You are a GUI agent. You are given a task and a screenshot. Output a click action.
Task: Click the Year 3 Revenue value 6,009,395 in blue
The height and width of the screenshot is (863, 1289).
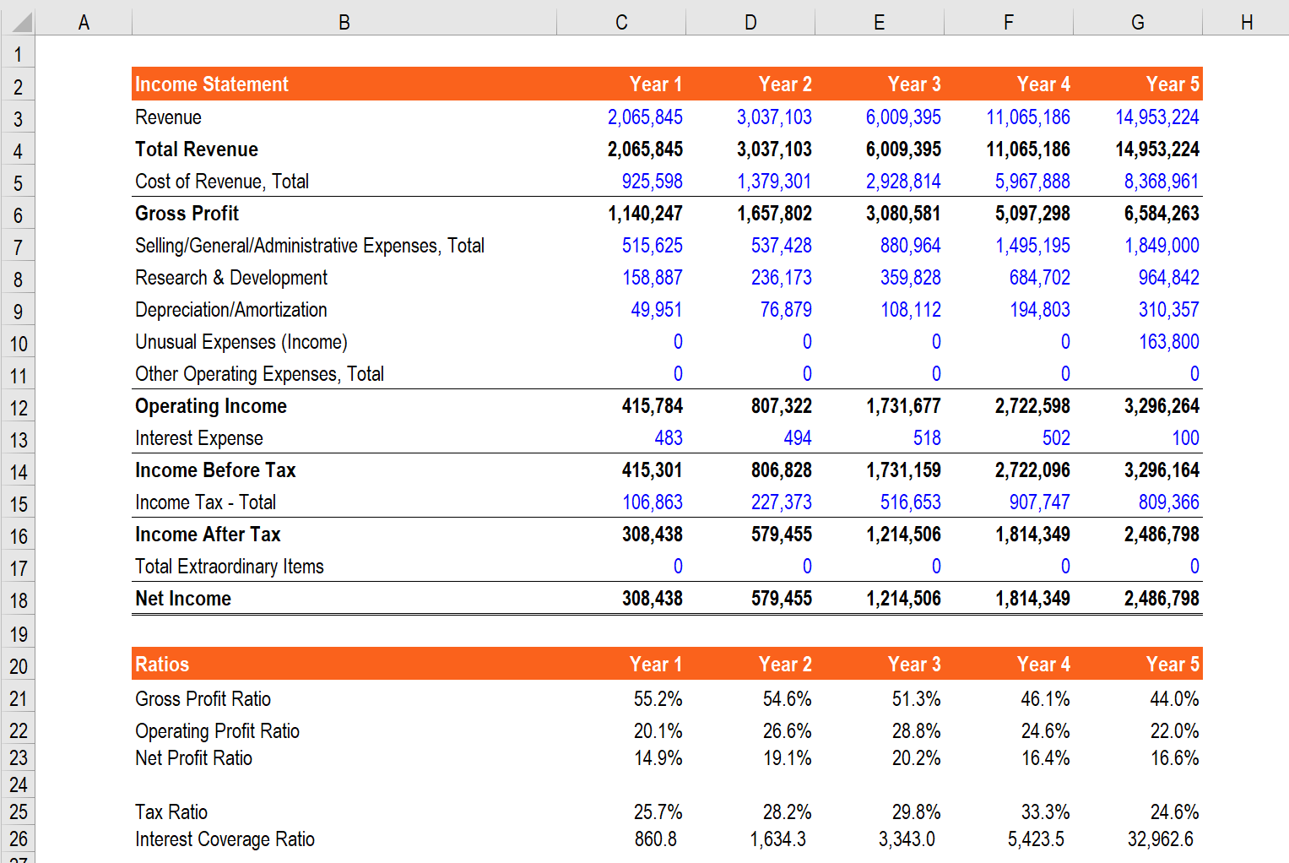coord(902,117)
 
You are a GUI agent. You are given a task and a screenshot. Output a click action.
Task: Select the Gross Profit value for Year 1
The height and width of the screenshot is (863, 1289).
coord(645,214)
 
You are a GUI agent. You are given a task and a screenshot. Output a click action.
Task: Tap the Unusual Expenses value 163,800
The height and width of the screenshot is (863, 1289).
coord(1168,342)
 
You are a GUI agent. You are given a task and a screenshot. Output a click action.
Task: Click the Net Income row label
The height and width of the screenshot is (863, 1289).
coord(183,599)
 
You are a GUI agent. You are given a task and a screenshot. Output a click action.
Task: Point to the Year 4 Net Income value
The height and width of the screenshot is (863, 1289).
coord(1032,599)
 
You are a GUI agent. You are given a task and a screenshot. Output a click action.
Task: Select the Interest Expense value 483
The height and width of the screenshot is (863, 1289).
coord(668,438)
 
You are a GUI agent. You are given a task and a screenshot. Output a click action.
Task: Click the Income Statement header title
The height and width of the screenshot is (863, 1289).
coord(212,84)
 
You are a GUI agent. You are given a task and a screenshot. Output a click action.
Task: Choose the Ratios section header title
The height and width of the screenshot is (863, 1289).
coord(162,665)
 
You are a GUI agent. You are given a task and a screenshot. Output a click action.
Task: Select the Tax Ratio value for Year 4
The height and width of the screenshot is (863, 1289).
coord(1045,812)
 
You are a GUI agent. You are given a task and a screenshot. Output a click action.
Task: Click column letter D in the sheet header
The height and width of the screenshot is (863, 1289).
coord(750,23)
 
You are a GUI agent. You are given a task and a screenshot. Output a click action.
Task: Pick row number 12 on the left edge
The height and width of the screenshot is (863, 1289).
coord(19,408)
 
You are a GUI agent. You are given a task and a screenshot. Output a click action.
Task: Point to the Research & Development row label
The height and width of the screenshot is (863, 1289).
coord(231,278)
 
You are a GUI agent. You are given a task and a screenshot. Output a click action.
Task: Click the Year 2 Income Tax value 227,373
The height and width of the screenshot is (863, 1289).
coord(781,502)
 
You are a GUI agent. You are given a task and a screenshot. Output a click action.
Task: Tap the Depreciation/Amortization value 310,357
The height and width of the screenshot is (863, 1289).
coord(1168,310)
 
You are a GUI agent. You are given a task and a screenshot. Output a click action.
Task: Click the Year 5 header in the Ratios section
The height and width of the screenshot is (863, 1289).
coord(1172,665)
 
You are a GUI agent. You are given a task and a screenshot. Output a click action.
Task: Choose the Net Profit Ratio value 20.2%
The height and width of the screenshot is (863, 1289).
coord(916,758)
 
